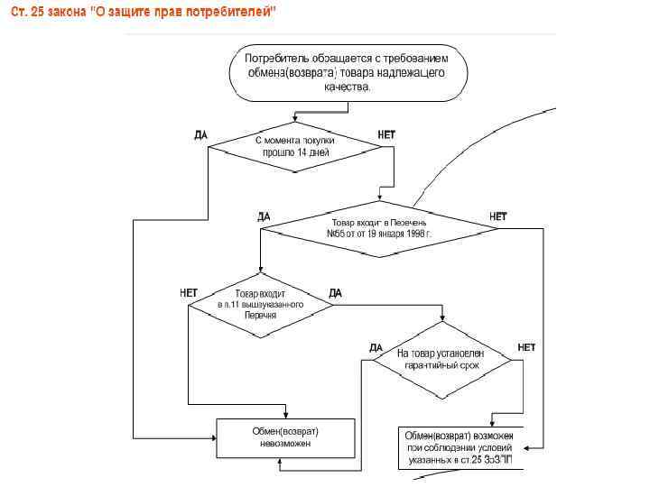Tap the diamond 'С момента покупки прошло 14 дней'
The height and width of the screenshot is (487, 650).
point(295,147)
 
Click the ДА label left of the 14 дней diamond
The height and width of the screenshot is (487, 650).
point(200,134)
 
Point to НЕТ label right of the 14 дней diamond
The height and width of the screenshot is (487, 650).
point(385,134)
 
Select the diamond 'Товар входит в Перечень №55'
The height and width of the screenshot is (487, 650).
point(379,227)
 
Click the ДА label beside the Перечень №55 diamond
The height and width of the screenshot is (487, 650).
point(264,216)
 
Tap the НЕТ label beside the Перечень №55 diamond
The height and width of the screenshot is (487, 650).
point(497,216)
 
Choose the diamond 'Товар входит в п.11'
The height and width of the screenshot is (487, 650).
point(260,305)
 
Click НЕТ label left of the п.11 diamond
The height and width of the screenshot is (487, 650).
point(189,292)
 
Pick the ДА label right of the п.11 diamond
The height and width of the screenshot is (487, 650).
point(335,292)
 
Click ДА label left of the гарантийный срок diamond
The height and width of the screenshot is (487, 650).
point(376,347)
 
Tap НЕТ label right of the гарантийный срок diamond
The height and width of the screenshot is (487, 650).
point(526,347)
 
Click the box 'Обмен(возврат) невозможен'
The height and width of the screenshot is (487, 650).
point(284,437)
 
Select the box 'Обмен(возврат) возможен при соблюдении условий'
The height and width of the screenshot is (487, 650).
point(460,447)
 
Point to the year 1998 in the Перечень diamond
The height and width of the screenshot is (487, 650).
point(416,233)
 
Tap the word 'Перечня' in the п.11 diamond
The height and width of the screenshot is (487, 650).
point(260,316)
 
